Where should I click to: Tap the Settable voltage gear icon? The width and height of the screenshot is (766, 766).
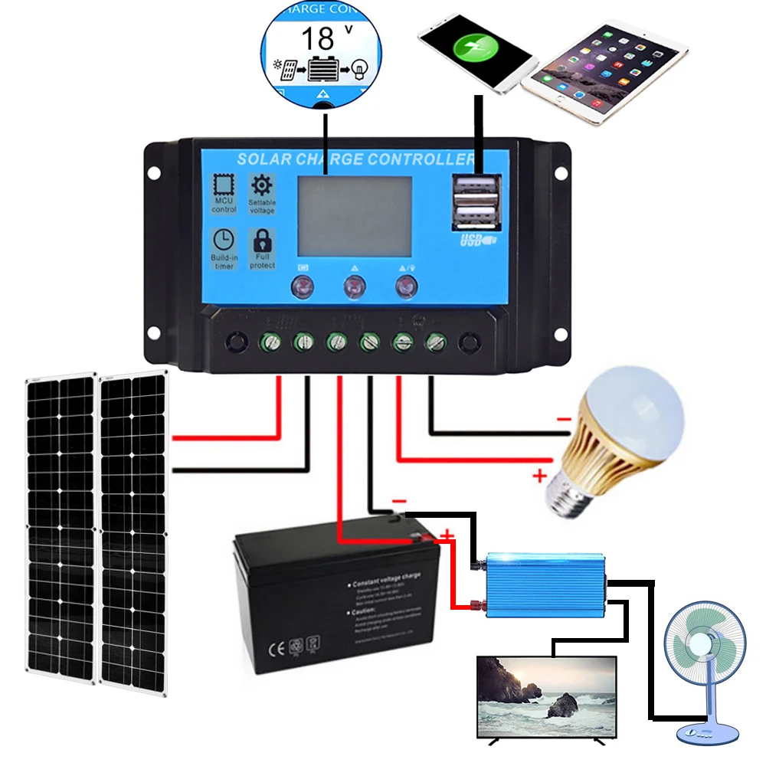[x=262, y=185]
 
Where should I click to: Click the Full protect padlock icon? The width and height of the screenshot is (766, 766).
[x=262, y=241]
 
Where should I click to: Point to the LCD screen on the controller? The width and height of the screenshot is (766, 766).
[x=354, y=216]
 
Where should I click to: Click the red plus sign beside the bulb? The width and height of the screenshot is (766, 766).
[x=538, y=476]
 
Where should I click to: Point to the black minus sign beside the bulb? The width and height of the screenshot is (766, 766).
[x=563, y=419]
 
